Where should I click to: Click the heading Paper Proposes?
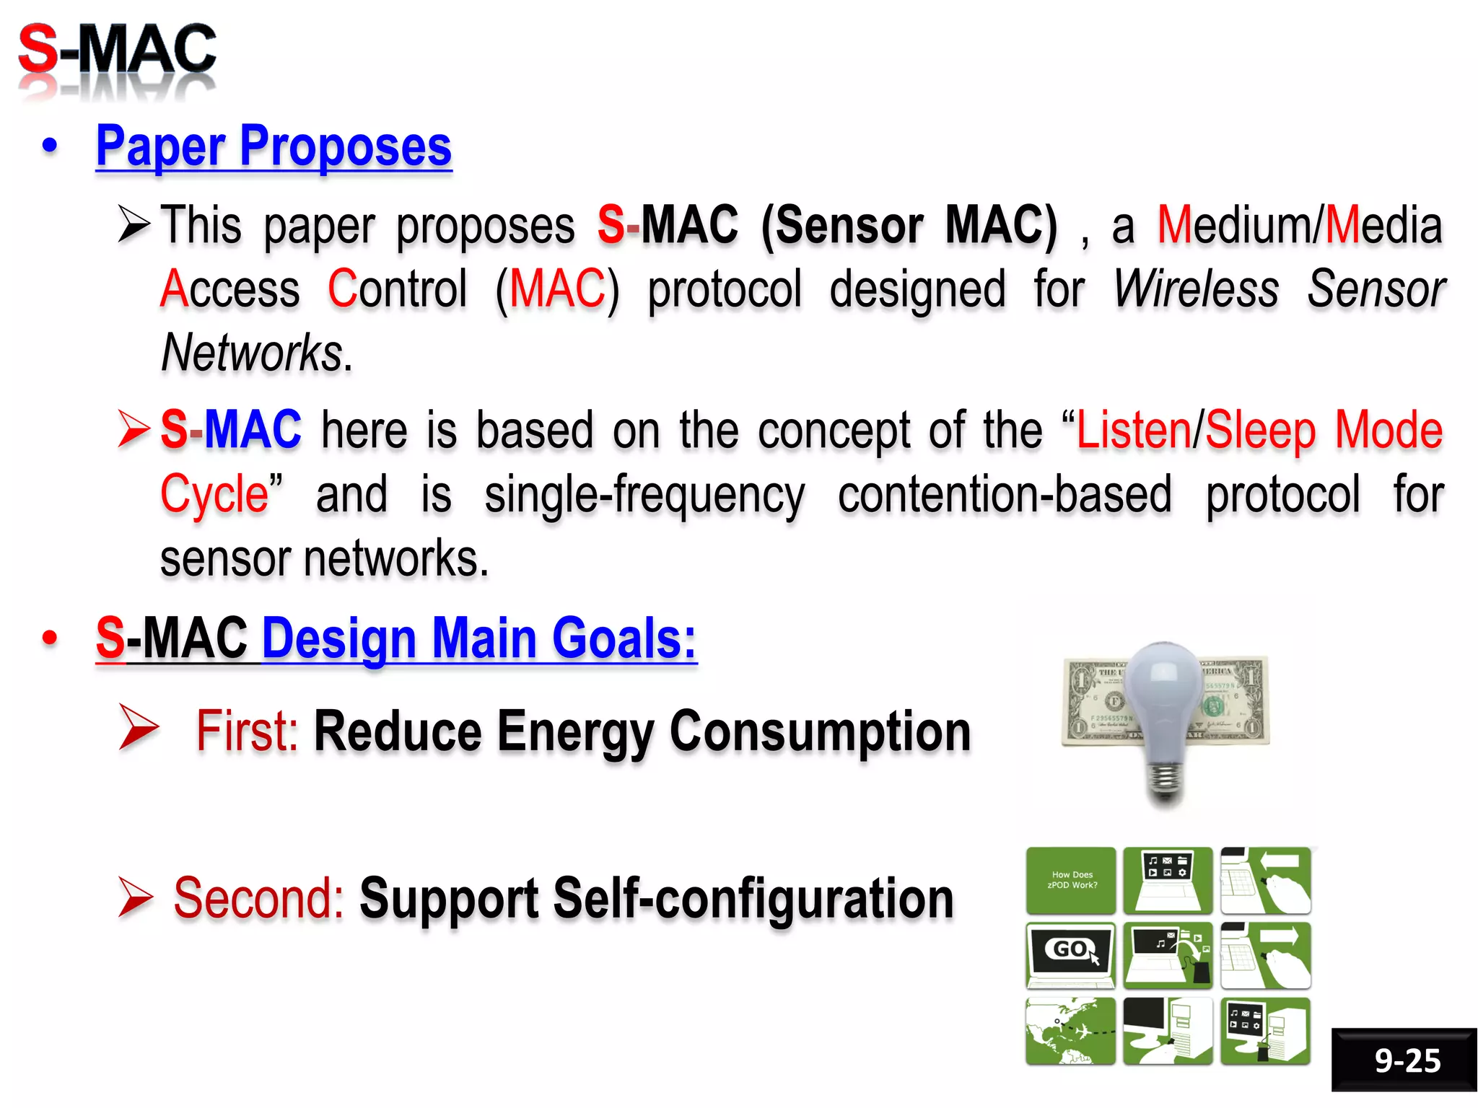(274, 146)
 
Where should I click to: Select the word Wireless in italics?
(1195, 289)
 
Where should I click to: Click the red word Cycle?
(214, 494)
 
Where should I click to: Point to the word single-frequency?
(644, 496)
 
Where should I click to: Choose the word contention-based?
(1004, 495)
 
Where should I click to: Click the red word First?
(247, 731)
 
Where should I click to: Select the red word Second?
(258, 898)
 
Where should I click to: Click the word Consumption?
(820, 731)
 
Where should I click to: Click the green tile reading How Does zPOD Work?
(1071, 880)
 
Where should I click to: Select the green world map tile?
(1070, 1031)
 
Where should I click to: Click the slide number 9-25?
(1406, 1060)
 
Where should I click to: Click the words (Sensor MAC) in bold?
(909, 225)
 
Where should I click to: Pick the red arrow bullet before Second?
(136, 898)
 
